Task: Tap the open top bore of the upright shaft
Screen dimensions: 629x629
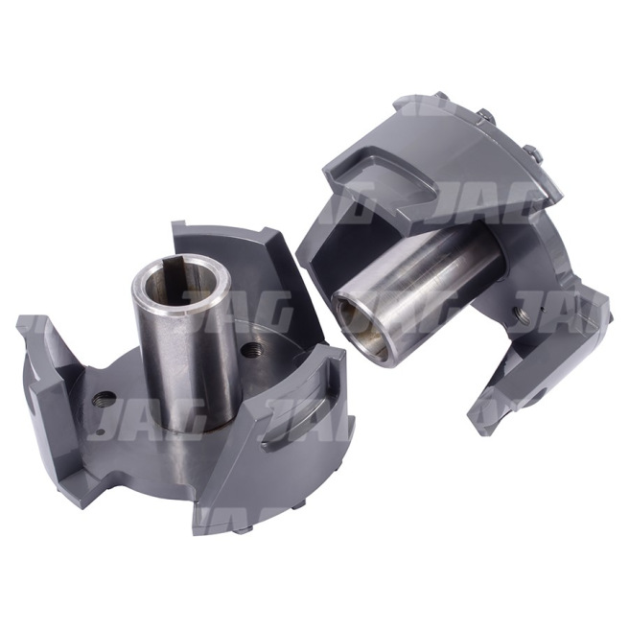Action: [x=181, y=285]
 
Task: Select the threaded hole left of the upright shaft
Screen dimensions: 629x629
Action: [x=104, y=399]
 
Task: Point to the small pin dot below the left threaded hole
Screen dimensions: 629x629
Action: [x=101, y=432]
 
